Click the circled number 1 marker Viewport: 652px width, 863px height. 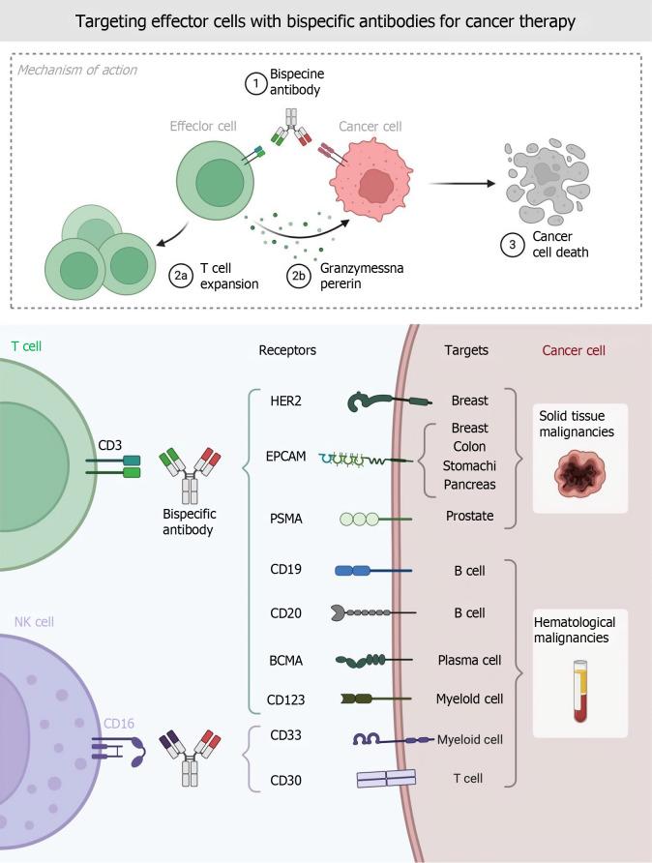tap(255, 83)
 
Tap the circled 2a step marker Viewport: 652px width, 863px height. tap(181, 275)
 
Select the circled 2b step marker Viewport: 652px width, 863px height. tap(298, 275)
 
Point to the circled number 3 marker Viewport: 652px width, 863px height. tap(513, 245)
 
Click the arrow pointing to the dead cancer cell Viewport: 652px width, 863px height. tap(462, 183)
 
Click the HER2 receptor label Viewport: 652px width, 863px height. tap(285, 401)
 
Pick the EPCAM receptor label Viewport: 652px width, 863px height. tap(285, 457)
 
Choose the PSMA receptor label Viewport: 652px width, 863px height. tap(285, 519)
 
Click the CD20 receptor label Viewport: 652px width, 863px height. tap(285, 613)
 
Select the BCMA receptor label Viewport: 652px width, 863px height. tap(285, 661)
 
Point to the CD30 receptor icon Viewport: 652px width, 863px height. tap(386, 778)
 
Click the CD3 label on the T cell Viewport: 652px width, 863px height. tap(109, 445)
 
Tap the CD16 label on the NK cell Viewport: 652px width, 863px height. tap(119, 724)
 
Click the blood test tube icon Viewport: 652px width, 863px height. tap(579, 692)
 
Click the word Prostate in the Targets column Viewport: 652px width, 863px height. tap(469, 516)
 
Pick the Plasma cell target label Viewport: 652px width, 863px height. tap(469, 660)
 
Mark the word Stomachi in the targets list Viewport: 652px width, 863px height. tap(469, 465)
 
